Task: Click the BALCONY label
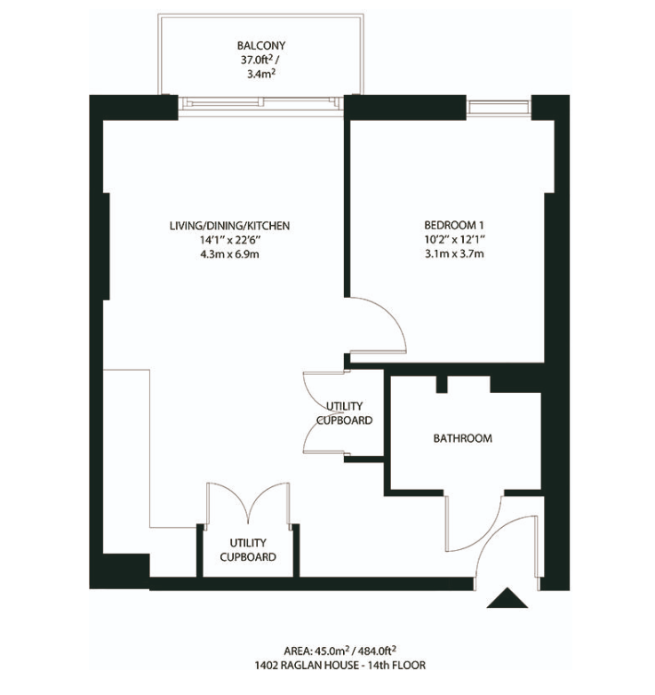(261, 45)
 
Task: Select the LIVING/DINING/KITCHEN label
(229, 226)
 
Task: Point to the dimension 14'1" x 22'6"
(229, 240)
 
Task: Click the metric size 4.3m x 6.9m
(229, 254)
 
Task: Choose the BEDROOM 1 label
(453, 225)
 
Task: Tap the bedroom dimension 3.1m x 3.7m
(454, 254)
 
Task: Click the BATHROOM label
(463, 438)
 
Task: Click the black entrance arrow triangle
(507, 598)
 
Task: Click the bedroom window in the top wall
(499, 108)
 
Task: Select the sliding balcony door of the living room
(261, 106)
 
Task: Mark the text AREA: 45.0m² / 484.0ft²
(339, 651)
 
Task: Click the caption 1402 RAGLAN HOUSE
(307, 666)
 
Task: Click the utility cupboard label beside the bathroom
(344, 413)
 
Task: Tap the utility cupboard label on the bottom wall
(248, 549)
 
